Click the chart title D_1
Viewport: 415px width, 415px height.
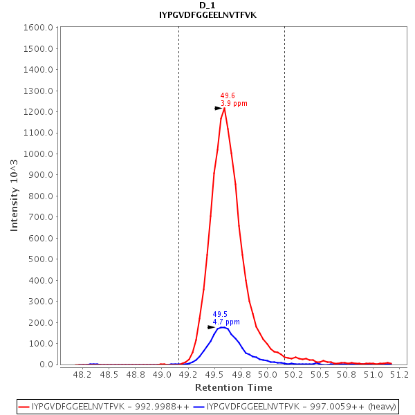pyautogui.click(x=207, y=6)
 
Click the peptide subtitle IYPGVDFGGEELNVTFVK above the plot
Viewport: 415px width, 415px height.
pyautogui.click(x=207, y=15)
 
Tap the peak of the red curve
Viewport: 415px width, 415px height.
pyautogui.click(x=225, y=108)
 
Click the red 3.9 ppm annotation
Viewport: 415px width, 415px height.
pyautogui.click(x=234, y=104)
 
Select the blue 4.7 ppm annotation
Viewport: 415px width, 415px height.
pyautogui.click(x=226, y=322)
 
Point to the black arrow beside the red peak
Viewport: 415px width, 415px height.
pyautogui.click(x=219, y=108)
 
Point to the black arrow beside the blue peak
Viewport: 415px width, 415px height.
pyautogui.click(x=212, y=327)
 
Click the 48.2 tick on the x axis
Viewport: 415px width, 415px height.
pyautogui.click(x=82, y=374)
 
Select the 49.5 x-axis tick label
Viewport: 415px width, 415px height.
pyautogui.click(x=215, y=374)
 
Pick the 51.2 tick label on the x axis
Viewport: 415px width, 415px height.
pyautogui.click(x=400, y=374)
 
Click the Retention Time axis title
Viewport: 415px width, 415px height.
pyautogui.click(x=233, y=387)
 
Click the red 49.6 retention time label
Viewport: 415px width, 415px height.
pyautogui.click(x=228, y=96)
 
